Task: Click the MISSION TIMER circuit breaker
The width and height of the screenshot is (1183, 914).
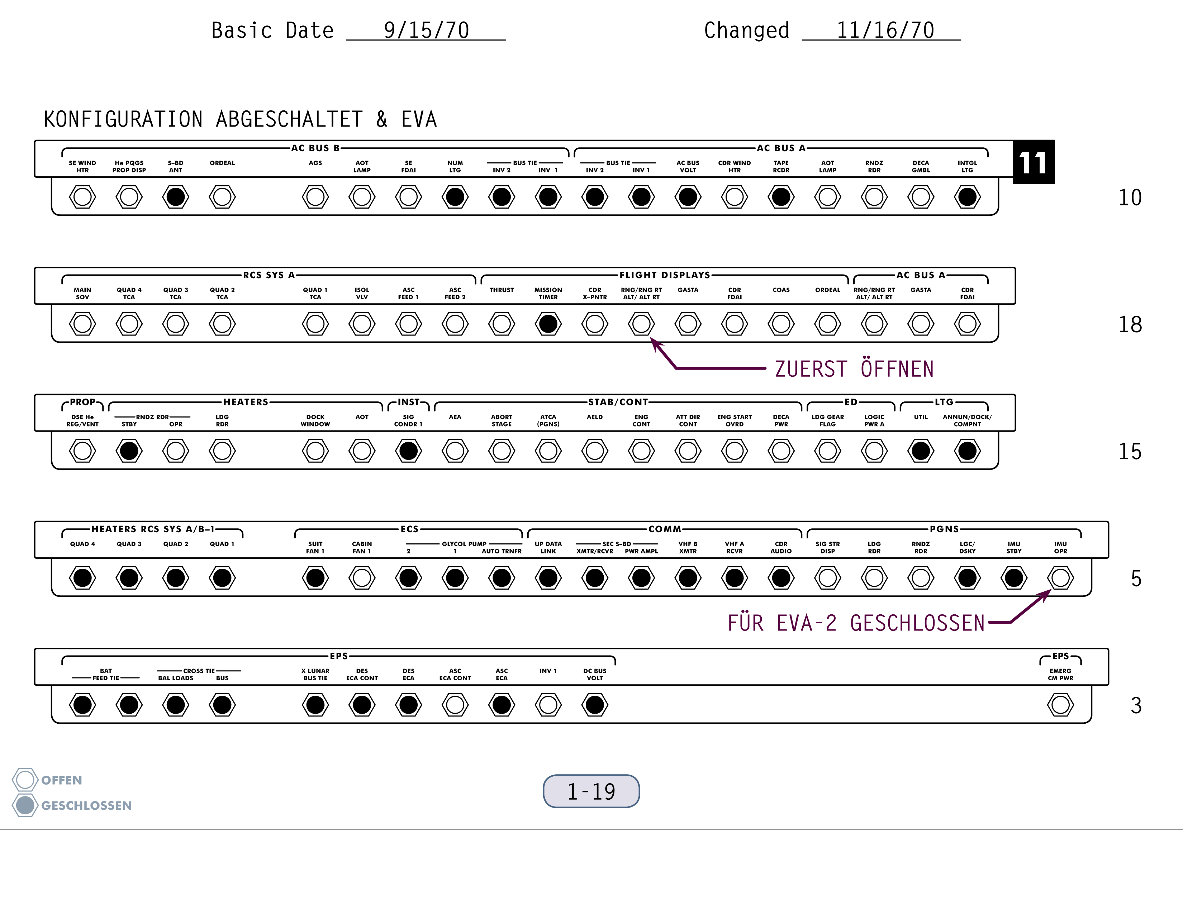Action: (548, 324)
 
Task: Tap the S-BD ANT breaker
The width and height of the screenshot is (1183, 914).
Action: (176, 197)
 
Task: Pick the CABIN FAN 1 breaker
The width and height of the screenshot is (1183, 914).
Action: (362, 578)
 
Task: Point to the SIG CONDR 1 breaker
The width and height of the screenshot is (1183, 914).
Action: (408, 451)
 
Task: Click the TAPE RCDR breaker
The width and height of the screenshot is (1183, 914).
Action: (781, 197)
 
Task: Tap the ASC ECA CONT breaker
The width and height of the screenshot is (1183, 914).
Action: (455, 705)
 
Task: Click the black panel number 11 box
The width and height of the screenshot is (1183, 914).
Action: (1034, 162)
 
